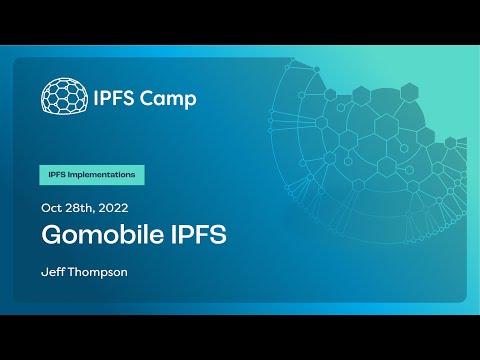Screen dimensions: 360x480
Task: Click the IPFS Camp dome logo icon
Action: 61,96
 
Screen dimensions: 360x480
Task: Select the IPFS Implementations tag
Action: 92,174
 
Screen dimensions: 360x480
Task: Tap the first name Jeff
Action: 51,272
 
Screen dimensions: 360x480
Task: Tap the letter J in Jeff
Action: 43,272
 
